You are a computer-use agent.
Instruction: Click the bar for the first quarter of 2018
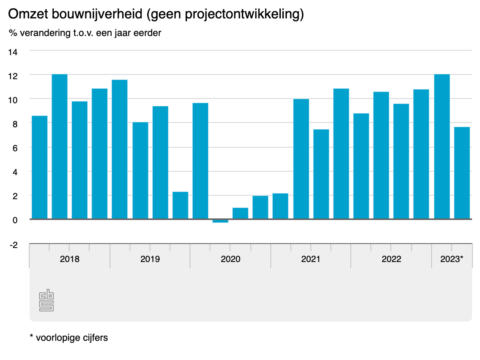click(x=40, y=167)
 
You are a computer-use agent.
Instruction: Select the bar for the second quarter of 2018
click(x=60, y=147)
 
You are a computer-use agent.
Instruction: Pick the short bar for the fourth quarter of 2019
click(x=180, y=205)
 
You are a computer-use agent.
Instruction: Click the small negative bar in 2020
click(x=220, y=221)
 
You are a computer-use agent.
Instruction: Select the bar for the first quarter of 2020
click(x=200, y=161)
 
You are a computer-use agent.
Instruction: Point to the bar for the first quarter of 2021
click(x=301, y=159)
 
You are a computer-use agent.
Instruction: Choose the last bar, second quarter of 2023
click(x=462, y=173)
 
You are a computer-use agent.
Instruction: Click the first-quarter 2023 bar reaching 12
click(x=441, y=147)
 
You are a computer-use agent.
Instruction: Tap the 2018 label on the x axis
click(x=69, y=258)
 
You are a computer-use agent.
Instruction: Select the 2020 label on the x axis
click(x=230, y=258)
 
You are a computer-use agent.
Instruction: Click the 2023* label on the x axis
click(x=451, y=258)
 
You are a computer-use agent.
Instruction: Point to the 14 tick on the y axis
click(x=13, y=52)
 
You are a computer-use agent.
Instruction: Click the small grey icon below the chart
click(x=46, y=299)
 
